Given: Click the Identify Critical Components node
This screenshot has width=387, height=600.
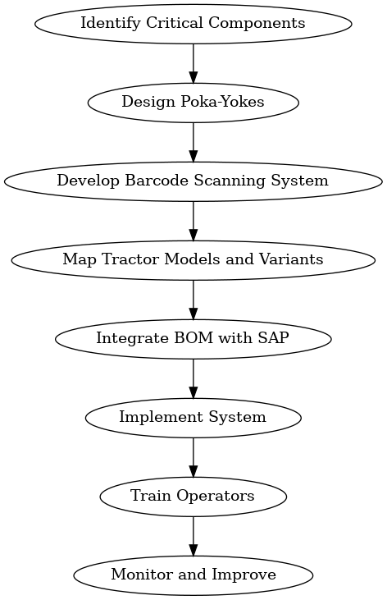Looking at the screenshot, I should tap(193, 23).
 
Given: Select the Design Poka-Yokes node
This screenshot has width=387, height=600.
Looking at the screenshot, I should tap(193, 102).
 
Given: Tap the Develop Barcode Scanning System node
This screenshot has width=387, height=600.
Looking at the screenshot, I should tap(193, 181).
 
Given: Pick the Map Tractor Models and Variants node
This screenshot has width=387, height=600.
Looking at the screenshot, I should tap(193, 259).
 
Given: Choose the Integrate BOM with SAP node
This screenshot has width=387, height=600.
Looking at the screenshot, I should tap(193, 338).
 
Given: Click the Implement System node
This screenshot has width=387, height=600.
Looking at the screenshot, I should tap(193, 417).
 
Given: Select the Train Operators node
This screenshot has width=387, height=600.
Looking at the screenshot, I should tap(193, 496).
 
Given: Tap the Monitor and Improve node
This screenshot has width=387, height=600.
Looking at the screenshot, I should tap(193, 575).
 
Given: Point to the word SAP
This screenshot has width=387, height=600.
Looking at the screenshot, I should tap(273, 338).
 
